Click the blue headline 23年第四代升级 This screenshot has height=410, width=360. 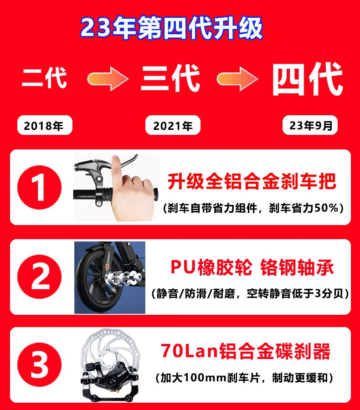pos(171,28)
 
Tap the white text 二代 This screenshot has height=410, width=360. pos(45,77)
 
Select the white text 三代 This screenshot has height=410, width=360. pos(170,78)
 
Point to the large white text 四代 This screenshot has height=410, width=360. pos(308,79)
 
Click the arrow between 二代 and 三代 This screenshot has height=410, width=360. pos(108,79)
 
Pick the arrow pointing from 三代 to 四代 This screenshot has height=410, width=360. pos(237,79)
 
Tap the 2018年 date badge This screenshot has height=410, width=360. pos(45,125)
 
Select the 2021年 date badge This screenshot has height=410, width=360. pos(173,125)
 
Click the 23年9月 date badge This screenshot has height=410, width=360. pos(310,125)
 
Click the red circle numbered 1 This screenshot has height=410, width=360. pos(40,188)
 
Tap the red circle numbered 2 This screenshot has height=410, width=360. pos(40,277)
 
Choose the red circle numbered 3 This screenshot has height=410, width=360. pos(40,365)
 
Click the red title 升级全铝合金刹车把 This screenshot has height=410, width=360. pos(252,181)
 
